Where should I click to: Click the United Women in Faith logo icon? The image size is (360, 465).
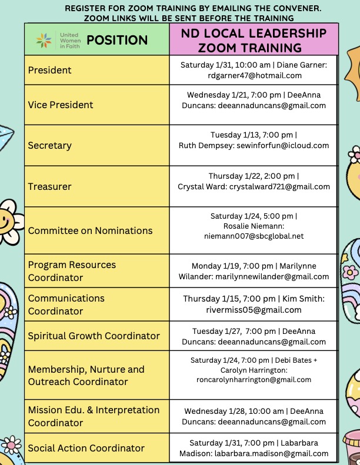coord(44,41)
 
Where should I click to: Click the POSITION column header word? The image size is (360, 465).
coord(117,41)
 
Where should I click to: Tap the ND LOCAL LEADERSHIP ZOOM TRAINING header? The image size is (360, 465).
coord(254,40)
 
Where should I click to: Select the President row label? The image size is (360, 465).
coord(50,70)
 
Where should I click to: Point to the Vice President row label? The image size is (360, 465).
coord(61,105)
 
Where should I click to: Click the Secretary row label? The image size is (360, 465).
coord(50,145)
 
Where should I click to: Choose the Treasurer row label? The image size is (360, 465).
coord(50,186)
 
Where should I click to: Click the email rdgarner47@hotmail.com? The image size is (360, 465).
coord(254,75)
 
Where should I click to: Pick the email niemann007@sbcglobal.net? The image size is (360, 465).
coord(254,236)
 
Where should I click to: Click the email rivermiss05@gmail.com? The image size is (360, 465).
coord(254,310)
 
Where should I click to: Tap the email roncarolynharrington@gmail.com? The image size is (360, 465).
coord(254,380)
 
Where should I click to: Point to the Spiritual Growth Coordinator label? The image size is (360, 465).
coord(94,336)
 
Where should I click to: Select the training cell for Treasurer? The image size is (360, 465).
coord(254,181)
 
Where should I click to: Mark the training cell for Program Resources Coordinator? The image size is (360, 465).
coord(254,271)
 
